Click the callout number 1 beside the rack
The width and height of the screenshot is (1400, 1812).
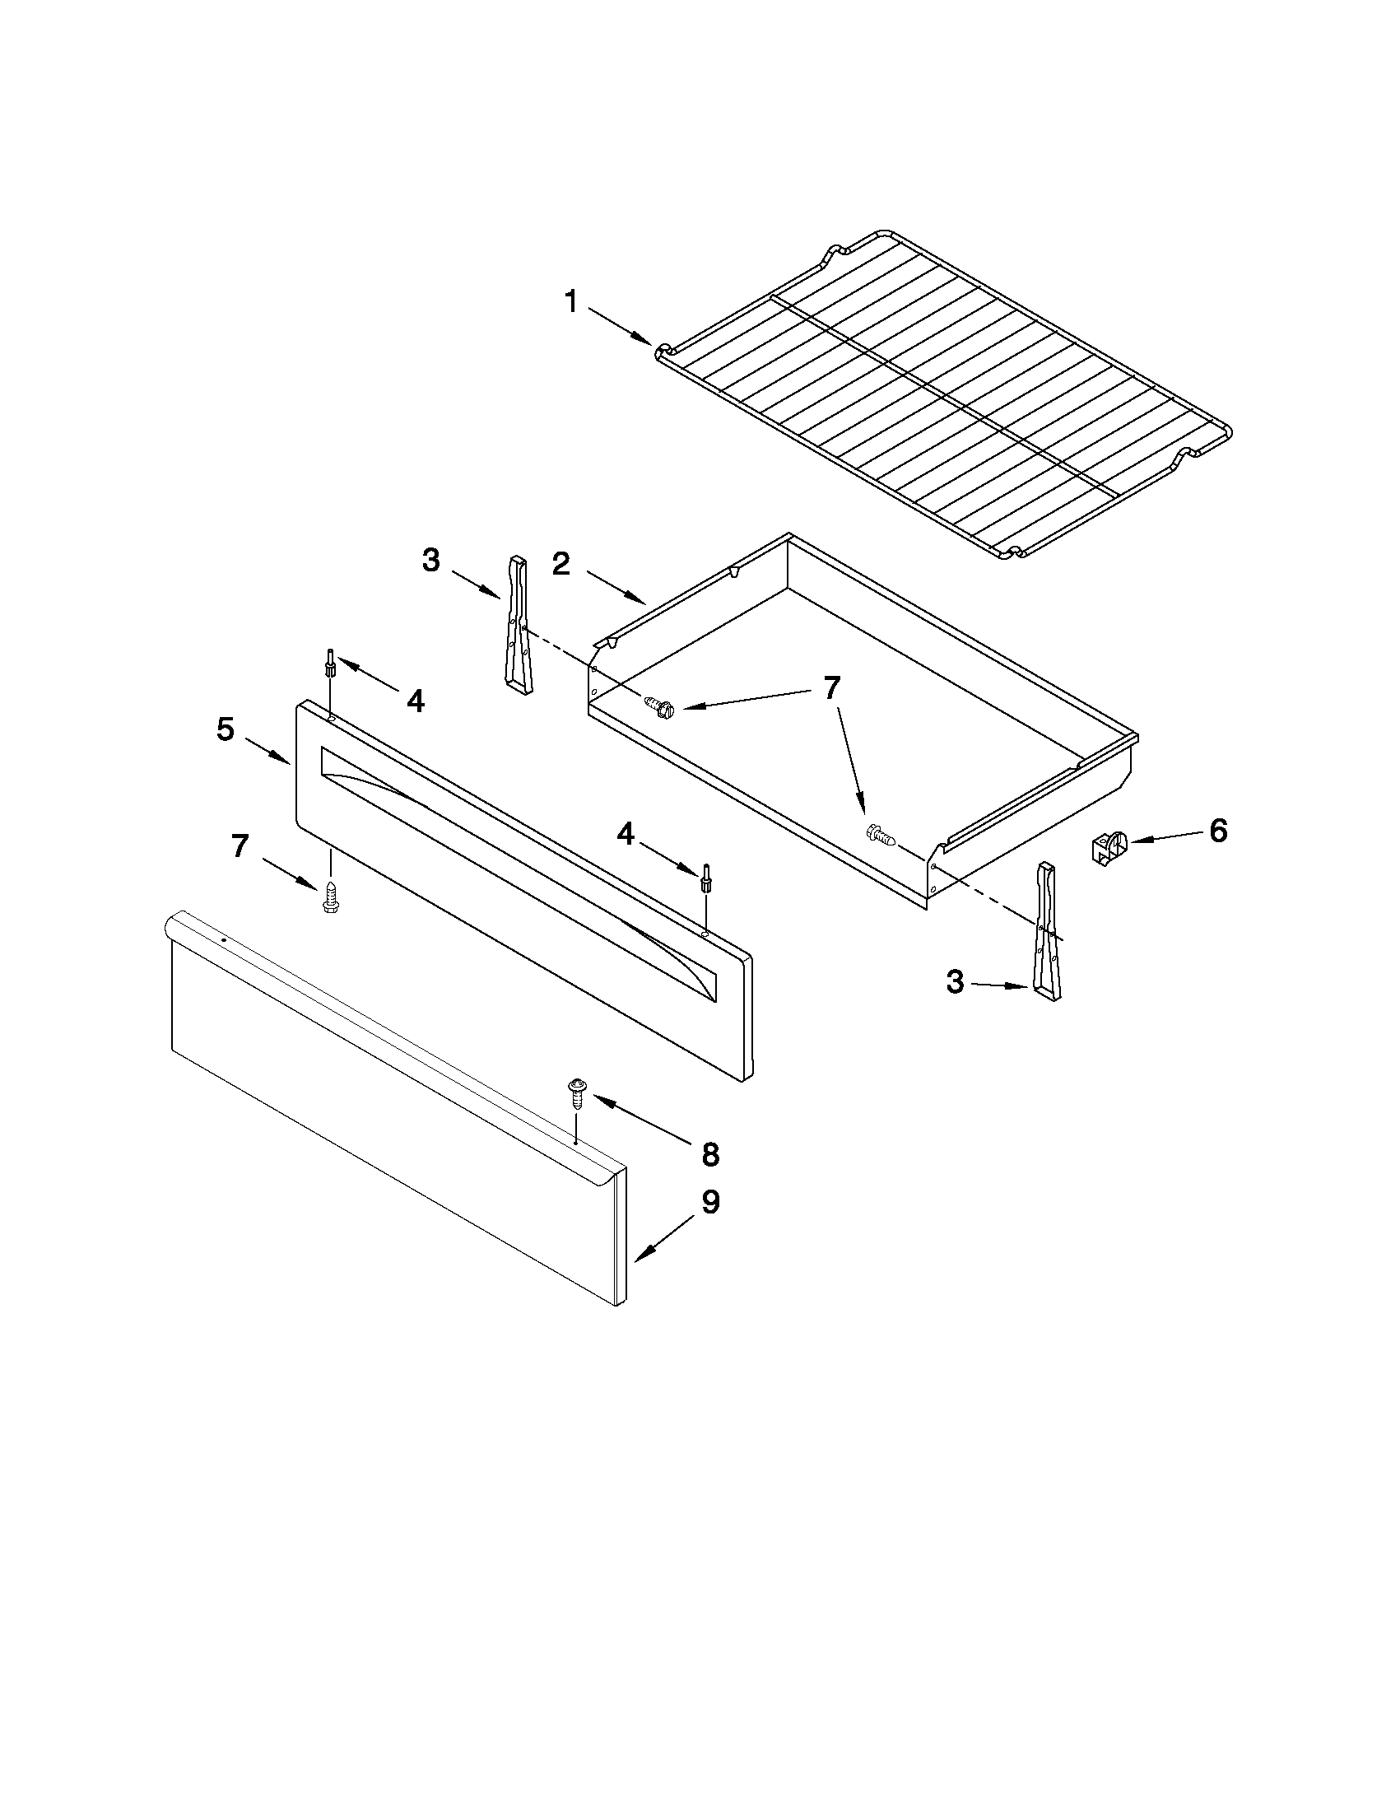571,302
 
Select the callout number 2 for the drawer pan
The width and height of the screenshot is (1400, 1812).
561,564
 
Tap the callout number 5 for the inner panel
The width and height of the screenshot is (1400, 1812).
226,729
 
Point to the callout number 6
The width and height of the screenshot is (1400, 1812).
1217,831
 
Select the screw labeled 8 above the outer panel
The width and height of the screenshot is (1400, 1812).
574,1094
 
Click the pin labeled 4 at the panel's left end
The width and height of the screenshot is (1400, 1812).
330,664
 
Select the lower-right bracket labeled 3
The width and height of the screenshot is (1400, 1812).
1047,933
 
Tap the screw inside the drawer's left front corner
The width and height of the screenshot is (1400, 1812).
661,708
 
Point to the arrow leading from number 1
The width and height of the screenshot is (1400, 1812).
621,326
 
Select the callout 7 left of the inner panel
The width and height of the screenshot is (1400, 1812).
240,845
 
